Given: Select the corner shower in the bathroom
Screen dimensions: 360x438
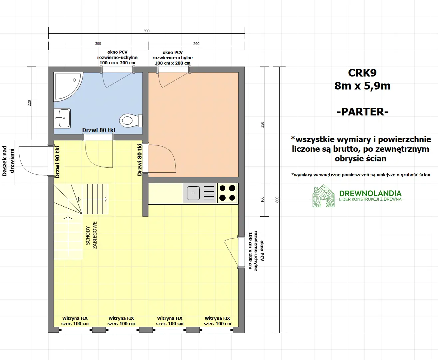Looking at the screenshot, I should [67, 86].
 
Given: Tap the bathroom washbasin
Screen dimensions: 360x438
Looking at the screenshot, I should [62, 118].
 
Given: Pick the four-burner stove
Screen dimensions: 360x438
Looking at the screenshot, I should [227, 193].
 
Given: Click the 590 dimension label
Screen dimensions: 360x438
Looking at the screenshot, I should [146, 31].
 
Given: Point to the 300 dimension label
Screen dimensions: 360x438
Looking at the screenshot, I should [98, 44].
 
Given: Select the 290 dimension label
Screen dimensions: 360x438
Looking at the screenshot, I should [196, 44].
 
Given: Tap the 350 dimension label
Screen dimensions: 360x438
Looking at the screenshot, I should [262, 125].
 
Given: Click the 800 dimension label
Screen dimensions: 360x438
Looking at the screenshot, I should [277, 200].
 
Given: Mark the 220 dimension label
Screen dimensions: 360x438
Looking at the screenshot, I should [29, 103].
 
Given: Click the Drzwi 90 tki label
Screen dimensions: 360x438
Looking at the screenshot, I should [58, 162].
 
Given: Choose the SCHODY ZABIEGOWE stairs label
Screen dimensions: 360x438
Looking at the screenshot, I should [91, 235].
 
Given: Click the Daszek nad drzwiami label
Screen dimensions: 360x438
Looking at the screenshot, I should [8, 161].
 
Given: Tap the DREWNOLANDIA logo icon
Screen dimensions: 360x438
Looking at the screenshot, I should [324, 196].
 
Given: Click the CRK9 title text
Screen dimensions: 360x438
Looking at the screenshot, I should [362, 73].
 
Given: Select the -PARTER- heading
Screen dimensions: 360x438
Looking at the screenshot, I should [362, 112].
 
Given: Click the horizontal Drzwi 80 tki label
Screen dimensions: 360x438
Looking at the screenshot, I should [99, 130].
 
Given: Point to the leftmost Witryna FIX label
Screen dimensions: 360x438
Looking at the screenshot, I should [75, 321].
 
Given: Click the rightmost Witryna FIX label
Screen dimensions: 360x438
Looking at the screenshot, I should [217, 321].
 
